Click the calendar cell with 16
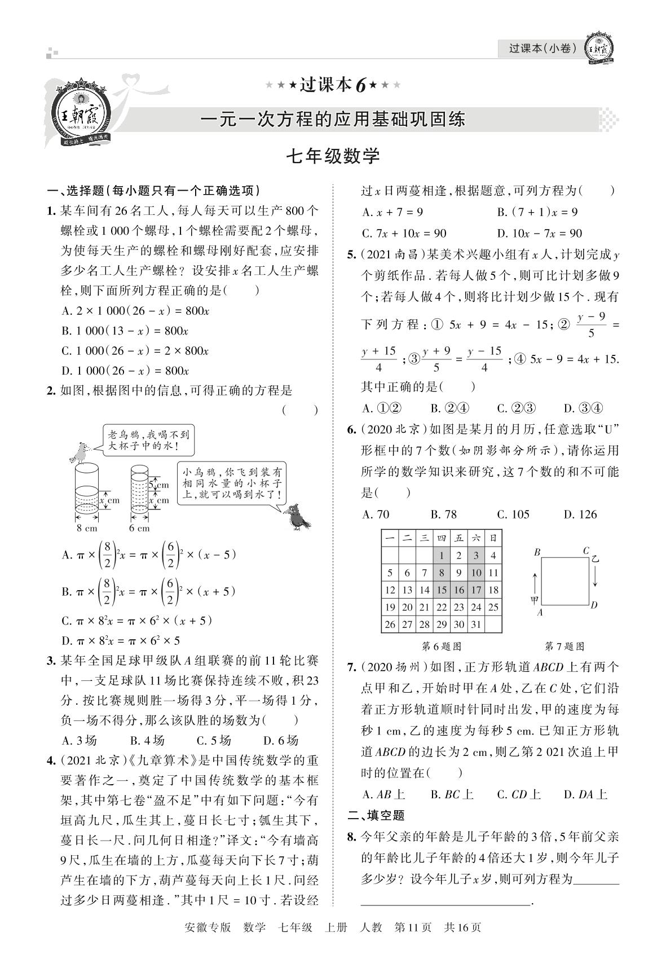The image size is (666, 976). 459,590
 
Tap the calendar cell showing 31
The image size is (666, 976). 477,625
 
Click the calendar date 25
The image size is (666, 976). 493,607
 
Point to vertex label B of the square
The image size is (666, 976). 537,552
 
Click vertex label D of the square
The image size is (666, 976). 594,605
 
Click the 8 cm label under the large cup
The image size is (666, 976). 87,528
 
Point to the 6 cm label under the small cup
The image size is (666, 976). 139,528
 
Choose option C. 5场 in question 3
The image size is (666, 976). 214,740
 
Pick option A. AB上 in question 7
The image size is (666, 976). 383,794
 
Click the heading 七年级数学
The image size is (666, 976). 333,156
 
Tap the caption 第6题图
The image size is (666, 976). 442,647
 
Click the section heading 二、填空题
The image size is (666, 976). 376,815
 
